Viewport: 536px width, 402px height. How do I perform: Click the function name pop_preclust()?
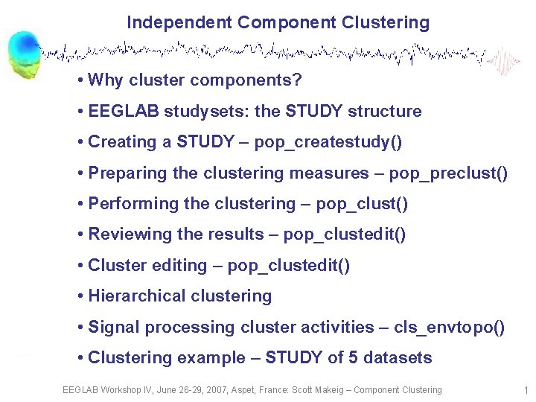click(450, 173)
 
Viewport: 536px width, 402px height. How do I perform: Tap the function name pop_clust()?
click(362, 204)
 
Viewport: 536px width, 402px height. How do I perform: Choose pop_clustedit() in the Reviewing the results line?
click(345, 234)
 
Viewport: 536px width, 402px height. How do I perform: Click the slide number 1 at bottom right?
click(526, 390)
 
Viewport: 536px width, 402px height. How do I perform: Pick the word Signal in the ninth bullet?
click(114, 328)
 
